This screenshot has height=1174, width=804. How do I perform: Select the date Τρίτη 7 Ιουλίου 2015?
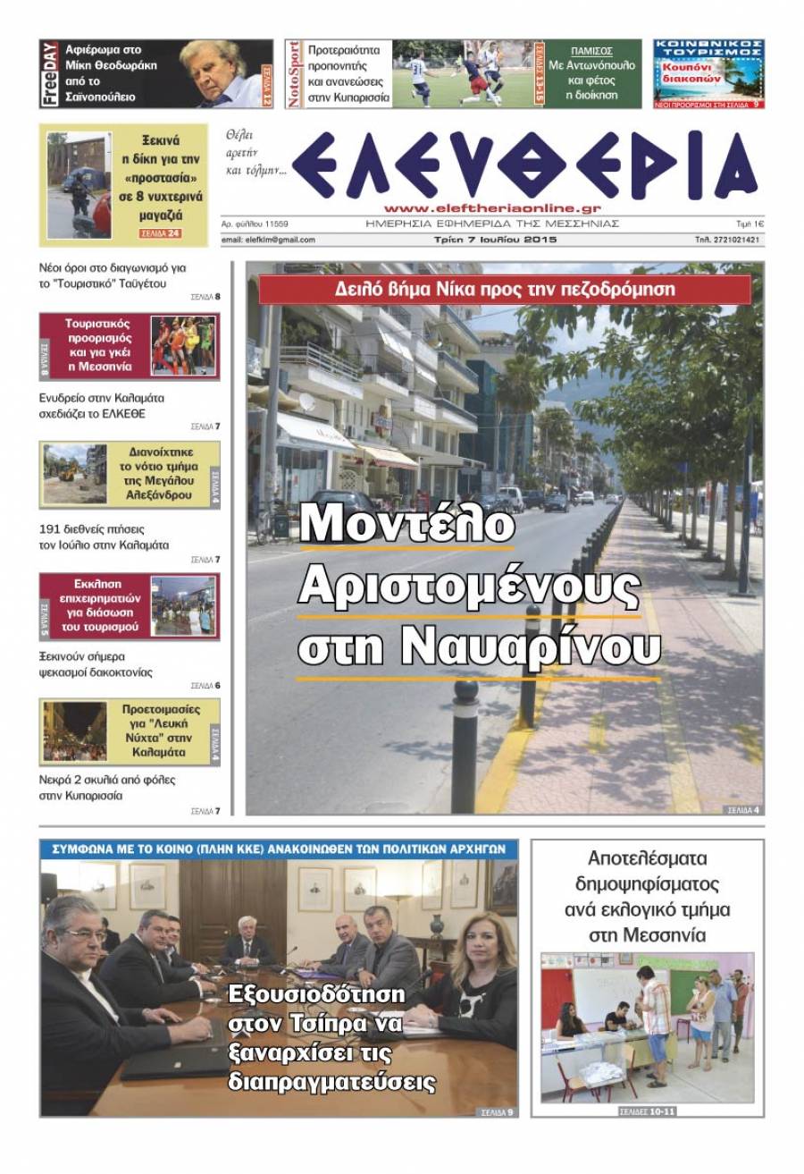tap(490, 240)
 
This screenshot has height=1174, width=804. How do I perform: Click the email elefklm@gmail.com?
tap(268, 240)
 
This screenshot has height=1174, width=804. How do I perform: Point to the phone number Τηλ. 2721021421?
tap(728, 240)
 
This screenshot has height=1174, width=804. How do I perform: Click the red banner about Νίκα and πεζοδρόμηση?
tap(505, 289)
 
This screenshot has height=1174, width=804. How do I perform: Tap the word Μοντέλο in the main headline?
tap(406, 524)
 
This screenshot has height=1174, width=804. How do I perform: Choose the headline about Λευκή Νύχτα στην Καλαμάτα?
tap(160, 731)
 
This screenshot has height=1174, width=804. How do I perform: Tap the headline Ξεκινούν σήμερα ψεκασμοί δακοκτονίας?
tap(96, 663)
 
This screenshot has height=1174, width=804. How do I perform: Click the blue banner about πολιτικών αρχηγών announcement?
tap(278, 849)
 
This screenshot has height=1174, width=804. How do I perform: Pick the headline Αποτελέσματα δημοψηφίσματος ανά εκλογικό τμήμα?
tap(648, 897)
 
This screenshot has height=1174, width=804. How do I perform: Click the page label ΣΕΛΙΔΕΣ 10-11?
tap(648, 1112)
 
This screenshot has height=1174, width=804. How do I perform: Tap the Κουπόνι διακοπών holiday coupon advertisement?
tap(708, 73)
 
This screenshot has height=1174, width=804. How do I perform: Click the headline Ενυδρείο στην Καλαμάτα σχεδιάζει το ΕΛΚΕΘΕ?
tap(102, 406)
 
